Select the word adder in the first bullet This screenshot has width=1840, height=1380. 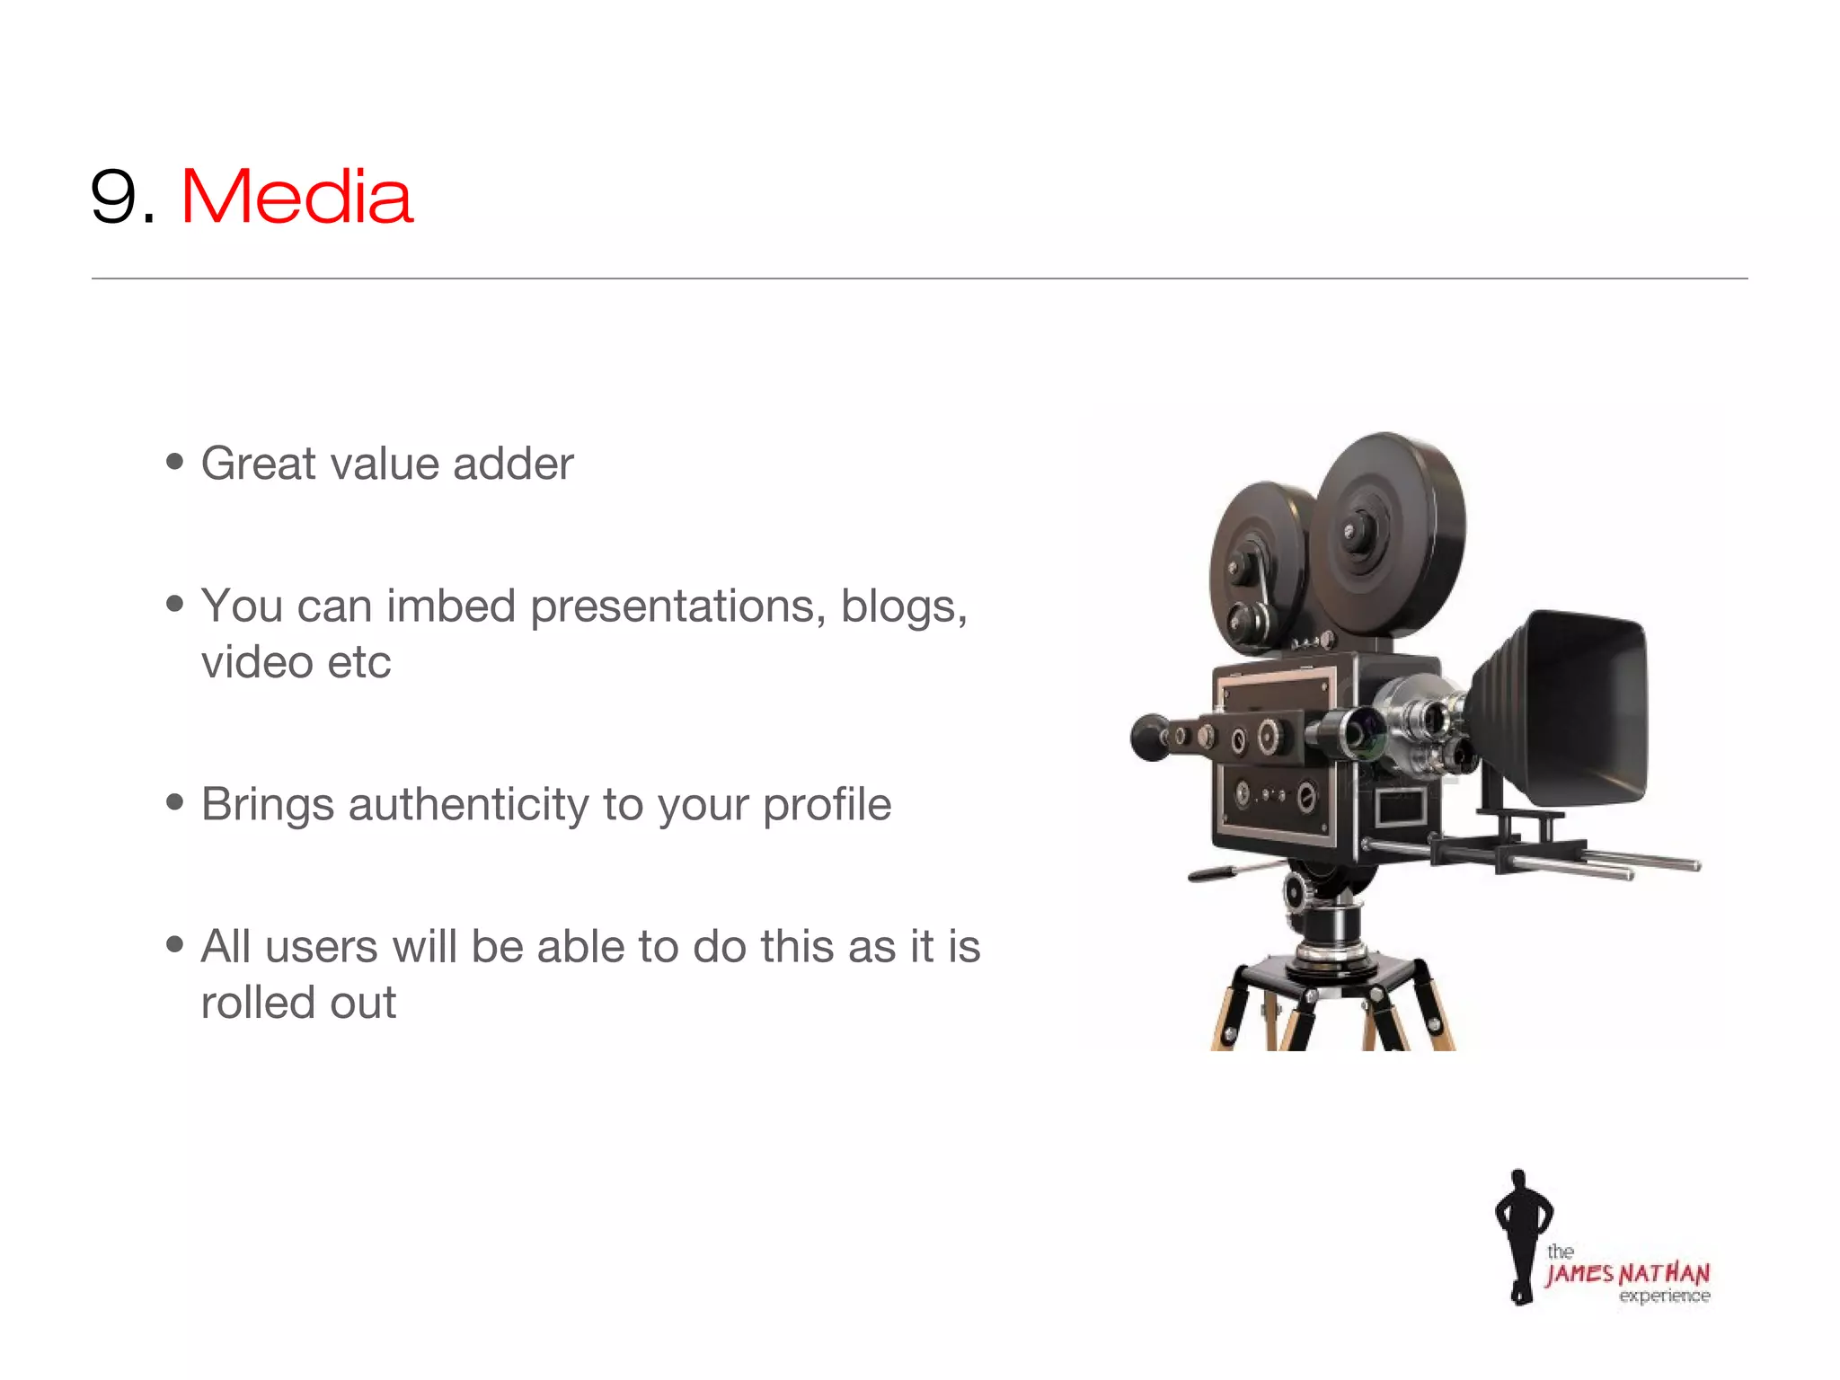(x=513, y=464)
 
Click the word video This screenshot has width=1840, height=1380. (x=257, y=663)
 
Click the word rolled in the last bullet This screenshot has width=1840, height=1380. (x=257, y=1003)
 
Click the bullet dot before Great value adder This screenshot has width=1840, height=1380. (x=175, y=462)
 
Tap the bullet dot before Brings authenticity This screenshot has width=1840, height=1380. (x=175, y=801)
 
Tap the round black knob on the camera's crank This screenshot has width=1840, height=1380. (x=1149, y=737)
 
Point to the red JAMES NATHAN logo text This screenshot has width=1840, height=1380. (x=1627, y=1274)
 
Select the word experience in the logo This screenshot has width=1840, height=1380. (x=1664, y=1296)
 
